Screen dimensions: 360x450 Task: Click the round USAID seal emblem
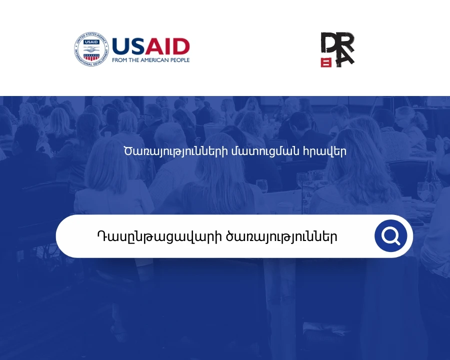pyautogui.click(x=91, y=49)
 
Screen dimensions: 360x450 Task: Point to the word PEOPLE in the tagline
pyautogui.click(x=179, y=60)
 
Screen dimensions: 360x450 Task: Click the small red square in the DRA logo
pyautogui.click(x=326, y=62)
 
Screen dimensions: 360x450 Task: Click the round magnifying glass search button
pyautogui.click(x=391, y=236)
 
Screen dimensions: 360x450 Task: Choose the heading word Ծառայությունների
pyautogui.click(x=175, y=151)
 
